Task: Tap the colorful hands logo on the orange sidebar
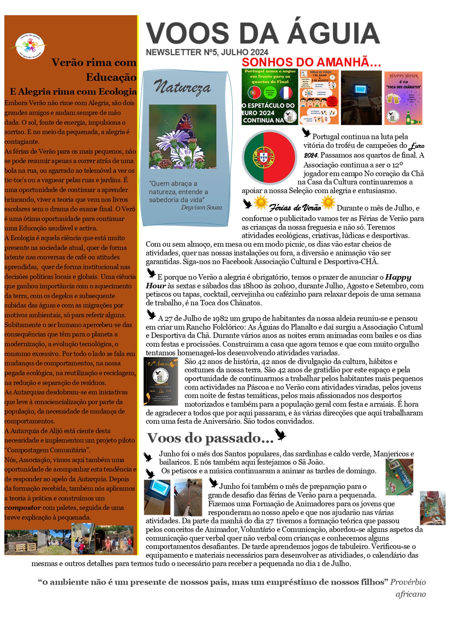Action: tap(31, 46)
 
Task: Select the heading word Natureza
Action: tap(182, 87)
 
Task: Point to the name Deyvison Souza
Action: tap(201, 207)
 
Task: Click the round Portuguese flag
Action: tap(269, 157)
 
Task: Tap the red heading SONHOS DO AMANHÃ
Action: tap(311, 62)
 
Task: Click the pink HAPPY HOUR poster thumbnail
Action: tap(403, 98)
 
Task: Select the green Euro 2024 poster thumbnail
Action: tap(270, 97)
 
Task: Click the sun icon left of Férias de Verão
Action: tap(261, 203)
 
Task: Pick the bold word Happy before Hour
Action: tap(398, 277)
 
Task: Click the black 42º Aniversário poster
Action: tap(161, 381)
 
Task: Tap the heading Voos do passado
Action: tap(210, 438)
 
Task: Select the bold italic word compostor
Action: tap(22, 508)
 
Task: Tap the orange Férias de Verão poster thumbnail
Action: tap(319, 97)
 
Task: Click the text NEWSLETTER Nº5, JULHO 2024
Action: tap(207, 52)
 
